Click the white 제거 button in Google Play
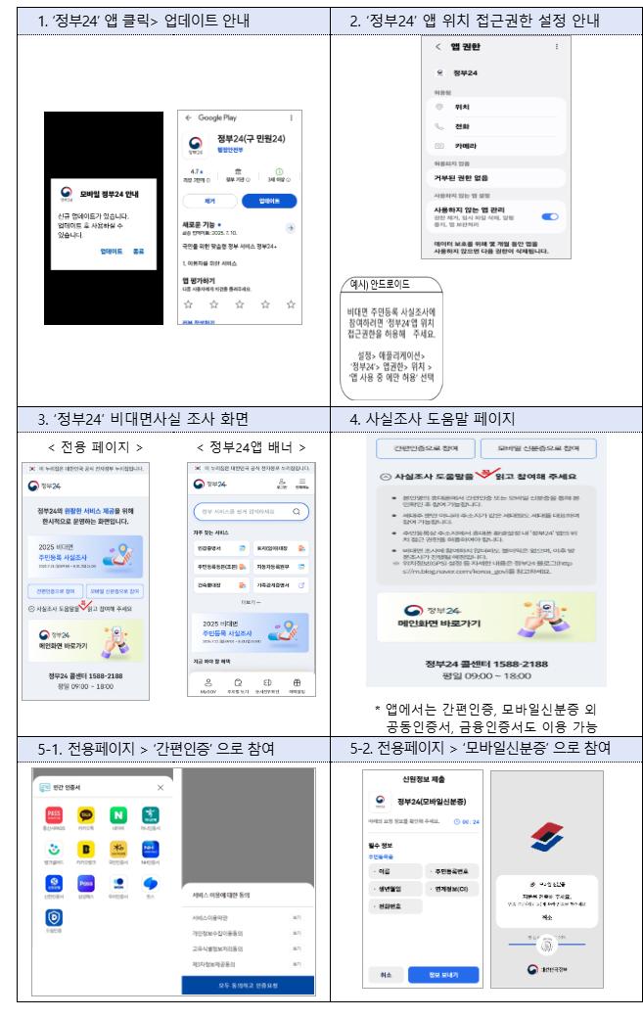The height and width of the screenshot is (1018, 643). click(x=208, y=201)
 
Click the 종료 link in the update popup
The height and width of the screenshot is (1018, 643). click(x=138, y=252)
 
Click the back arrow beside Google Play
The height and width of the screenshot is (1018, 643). click(x=188, y=117)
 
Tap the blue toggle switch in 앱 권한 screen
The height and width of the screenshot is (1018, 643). click(x=549, y=216)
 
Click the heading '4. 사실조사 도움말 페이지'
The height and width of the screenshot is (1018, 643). click(x=432, y=419)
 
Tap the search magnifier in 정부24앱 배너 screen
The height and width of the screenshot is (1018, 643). click(x=299, y=511)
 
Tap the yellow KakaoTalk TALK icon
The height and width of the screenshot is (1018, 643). click(x=87, y=814)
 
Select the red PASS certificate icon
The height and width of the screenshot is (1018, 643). click(x=56, y=814)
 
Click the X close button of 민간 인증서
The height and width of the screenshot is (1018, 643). click(x=161, y=787)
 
